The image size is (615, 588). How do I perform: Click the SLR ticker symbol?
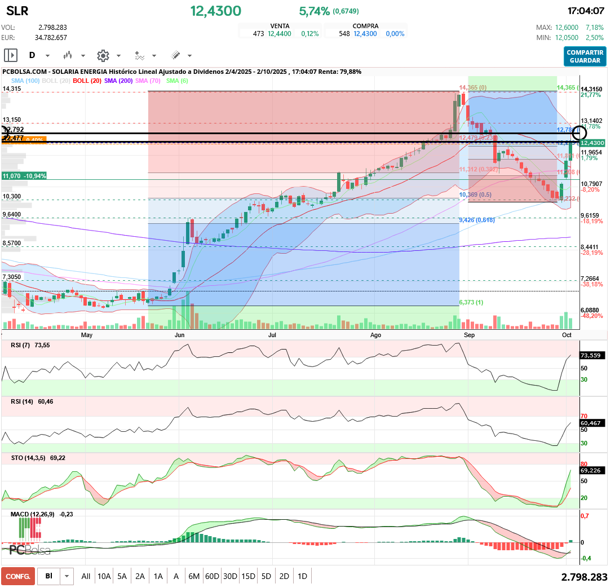pos(17,11)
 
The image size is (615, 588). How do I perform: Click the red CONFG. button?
pos(18,576)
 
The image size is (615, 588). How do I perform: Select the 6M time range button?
pos(194,576)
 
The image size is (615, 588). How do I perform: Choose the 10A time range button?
pos(104,576)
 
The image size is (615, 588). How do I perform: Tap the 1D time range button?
pos(302,576)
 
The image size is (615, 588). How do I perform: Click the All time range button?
pos(86,576)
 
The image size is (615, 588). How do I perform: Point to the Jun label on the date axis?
pos(180,335)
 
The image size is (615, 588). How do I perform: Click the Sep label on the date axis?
pos(469,335)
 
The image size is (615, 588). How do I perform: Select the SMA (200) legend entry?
pos(118,81)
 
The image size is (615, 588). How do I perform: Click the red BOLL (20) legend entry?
pos(87,81)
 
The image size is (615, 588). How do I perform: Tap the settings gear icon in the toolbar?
pos(103,56)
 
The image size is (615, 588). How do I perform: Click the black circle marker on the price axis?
pos(579,134)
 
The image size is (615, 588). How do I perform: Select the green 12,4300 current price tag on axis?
pos(593,143)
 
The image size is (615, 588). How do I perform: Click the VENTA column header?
pos(280,26)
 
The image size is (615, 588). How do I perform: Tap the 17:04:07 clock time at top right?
pos(586,11)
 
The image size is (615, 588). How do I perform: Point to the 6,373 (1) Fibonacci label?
pos(472,303)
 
